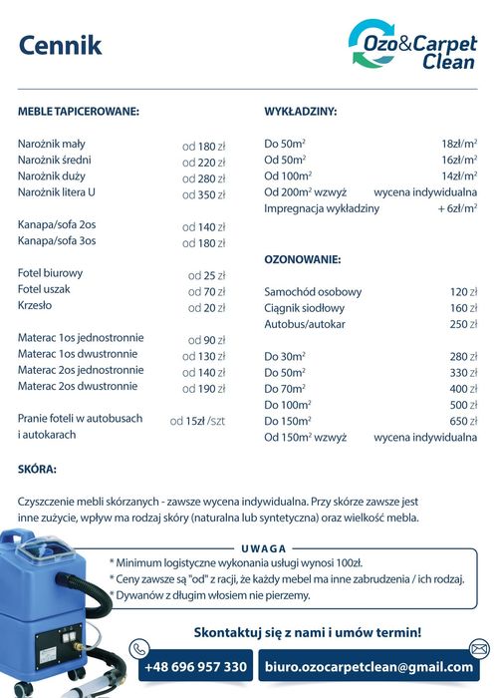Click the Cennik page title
[60, 45]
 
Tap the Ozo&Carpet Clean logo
[411, 46]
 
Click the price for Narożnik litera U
[204, 194]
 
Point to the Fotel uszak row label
[45, 289]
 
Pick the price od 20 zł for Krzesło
[207, 308]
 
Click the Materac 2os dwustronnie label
[78, 386]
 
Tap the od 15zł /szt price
[197, 421]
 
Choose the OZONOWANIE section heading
[303, 259]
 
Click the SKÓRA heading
[38, 468]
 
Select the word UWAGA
[264, 548]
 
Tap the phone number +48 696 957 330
[195, 666]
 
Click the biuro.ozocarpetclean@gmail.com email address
[369, 666]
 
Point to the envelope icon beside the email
[480, 649]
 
